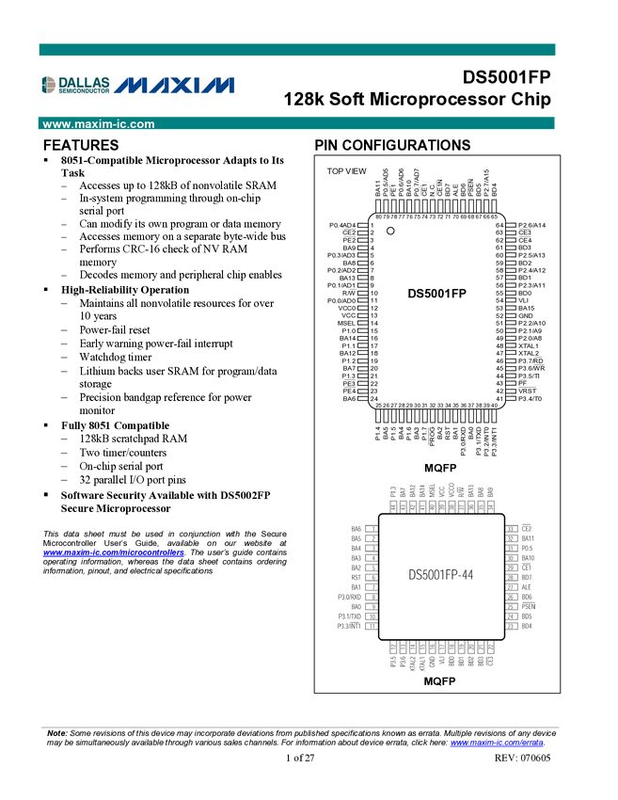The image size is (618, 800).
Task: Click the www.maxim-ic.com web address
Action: tap(99, 124)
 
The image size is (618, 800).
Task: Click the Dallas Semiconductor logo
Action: tap(75, 86)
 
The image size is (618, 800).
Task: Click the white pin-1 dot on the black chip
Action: tap(391, 231)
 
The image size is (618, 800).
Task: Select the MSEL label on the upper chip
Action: tap(346, 324)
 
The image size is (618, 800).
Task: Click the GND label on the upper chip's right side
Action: tap(527, 316)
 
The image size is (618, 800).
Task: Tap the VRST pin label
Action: tap(528, 392)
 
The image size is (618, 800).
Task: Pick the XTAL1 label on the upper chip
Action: tap(529, 346)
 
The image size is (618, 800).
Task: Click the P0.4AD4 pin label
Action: tap(342, 226)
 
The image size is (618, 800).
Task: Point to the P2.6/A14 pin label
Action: tap(531, 226)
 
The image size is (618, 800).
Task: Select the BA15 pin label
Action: tap(527, 309)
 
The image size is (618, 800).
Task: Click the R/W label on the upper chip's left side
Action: tap(349, 294)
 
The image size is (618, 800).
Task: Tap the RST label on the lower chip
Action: tap(357, 578)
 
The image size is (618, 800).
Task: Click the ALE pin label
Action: tap(527, 587)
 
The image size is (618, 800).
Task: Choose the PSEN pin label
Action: tap(528, 607)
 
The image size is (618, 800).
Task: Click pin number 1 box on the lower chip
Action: tap(373, 529)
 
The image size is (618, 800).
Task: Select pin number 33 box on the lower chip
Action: tap(511, 529)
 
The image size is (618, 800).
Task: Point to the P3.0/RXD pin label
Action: tap(349, 598)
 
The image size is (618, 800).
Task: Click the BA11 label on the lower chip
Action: tap(528, 538)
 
